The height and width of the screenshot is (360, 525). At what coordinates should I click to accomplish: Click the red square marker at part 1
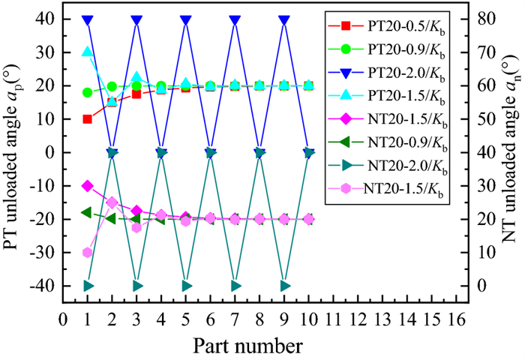(x=88, y=118)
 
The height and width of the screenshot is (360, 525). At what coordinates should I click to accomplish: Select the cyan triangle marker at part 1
(x=88, y=52)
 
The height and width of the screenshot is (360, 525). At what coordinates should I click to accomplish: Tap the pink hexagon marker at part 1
(x=88, y=253)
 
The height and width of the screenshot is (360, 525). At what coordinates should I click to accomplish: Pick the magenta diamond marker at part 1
(x=88, y=185)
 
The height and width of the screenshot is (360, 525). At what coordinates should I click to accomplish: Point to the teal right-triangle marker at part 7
(x=235, y=286)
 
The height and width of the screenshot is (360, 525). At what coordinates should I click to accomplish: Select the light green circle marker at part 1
(x=88, y=93)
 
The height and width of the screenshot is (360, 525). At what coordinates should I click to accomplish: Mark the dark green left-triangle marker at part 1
(x=88, y=212)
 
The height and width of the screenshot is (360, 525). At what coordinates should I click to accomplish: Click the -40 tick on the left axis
(x=46, y=286)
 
